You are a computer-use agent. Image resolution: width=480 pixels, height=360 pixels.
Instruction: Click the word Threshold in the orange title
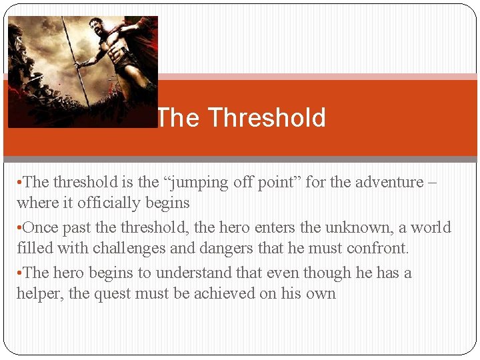coord(267,118)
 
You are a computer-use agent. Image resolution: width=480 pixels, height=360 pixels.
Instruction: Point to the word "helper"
coord(39,293)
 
